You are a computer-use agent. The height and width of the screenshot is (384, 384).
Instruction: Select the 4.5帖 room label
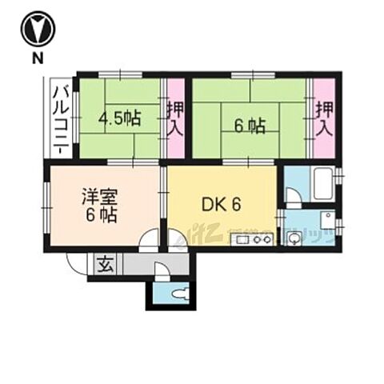(120, 120)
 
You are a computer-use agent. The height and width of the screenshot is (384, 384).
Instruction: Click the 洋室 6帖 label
(99, 205)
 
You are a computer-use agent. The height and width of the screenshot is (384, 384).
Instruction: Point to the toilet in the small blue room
(178, 294)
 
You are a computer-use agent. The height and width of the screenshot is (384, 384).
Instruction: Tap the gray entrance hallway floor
(136, 265)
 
